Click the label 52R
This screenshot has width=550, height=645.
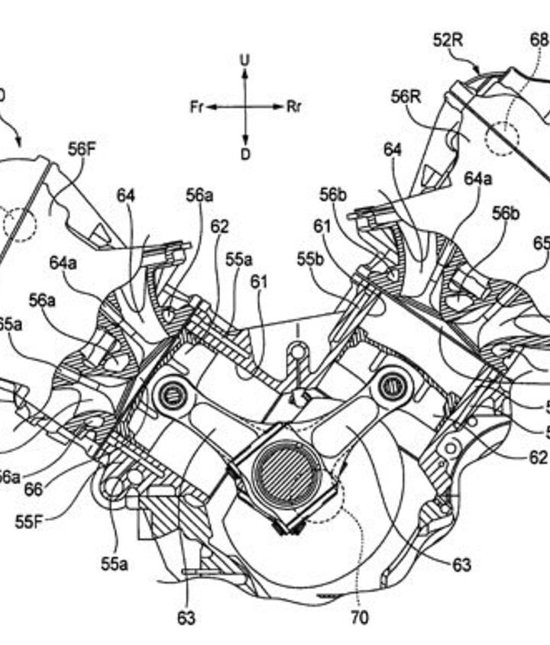click(x=448, y=40)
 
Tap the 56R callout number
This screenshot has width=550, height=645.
click(x=406, y=97)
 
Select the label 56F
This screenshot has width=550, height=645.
click(x=82, y=149)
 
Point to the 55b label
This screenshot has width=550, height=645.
click(x=311, y=260)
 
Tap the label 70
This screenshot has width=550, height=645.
click(x=360, y=616)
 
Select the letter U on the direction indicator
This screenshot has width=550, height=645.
click(x=244, y=59)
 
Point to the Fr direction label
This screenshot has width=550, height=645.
click(x=197, y=107)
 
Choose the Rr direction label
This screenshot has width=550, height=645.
click(x=294, y=107)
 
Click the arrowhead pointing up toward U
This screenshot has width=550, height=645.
click(x=244, y=73)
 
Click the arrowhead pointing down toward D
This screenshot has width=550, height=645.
click(x=244, y=140)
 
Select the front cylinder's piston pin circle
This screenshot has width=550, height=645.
click(x=170, y=394)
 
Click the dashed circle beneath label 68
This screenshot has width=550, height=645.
click(x=503, y=138)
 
